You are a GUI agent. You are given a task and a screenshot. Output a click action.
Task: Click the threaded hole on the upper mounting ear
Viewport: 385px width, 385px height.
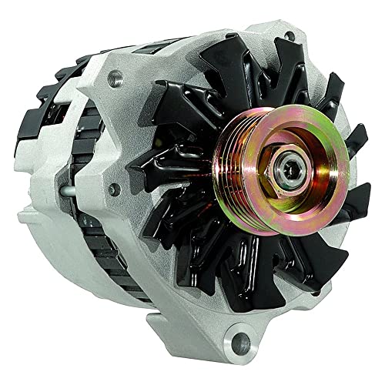click(115, 76)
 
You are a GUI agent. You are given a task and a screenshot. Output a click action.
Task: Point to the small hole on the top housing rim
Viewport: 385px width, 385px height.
click(287, 35)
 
